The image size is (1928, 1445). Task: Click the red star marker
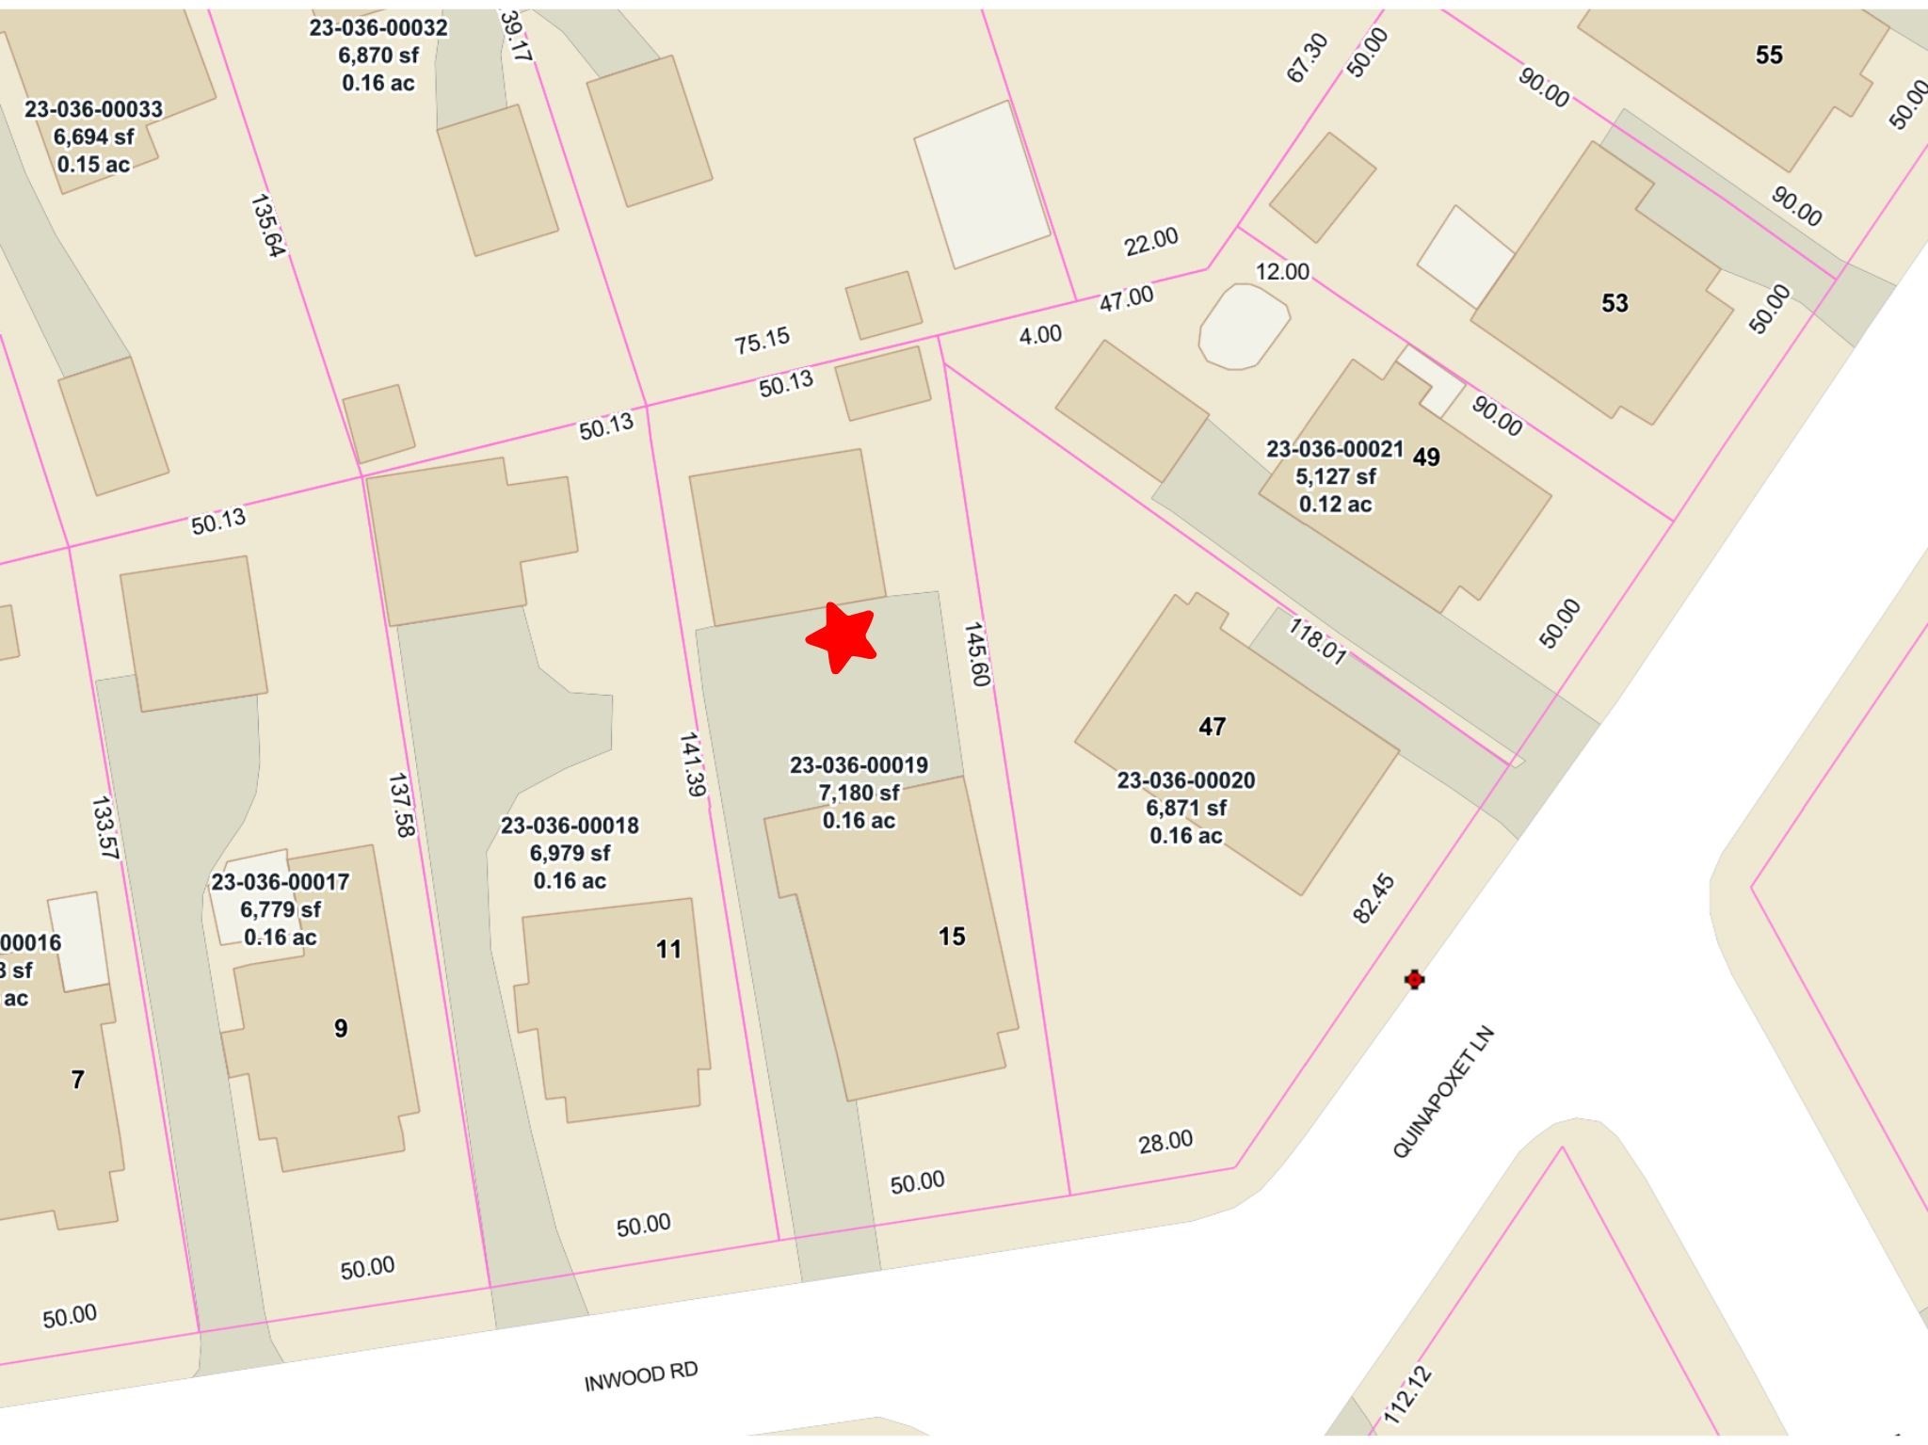click(841, 637)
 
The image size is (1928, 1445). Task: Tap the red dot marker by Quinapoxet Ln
click(1413, 979)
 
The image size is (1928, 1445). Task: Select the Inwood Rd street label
click(640, 1376)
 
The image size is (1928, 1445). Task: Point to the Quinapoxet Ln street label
click(1442, 1092)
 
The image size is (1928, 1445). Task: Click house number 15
click(952, 936)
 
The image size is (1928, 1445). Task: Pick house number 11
click(668, 949)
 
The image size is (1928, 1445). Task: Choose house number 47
click(1212, 726)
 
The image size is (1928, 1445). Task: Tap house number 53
click(1615, 303)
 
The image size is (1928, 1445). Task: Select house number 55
click(1769, 55)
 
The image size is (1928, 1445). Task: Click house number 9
click(341, 1028)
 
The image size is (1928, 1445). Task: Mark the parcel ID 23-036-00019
click(859, 765)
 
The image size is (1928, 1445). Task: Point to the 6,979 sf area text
click(570, 853)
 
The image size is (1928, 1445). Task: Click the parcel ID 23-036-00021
click(1334, 449)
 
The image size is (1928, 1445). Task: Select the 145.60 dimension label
click(977, 654)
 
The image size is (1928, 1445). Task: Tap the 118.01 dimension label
click(1317, 640)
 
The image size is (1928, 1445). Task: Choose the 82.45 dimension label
click(1374, 899)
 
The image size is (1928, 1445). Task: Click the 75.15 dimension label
click(762, 341)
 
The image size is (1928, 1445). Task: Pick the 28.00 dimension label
click(1165, 1141)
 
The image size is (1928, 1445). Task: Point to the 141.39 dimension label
click(692, 764)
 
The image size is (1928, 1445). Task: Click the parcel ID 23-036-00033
click(93, 109)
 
